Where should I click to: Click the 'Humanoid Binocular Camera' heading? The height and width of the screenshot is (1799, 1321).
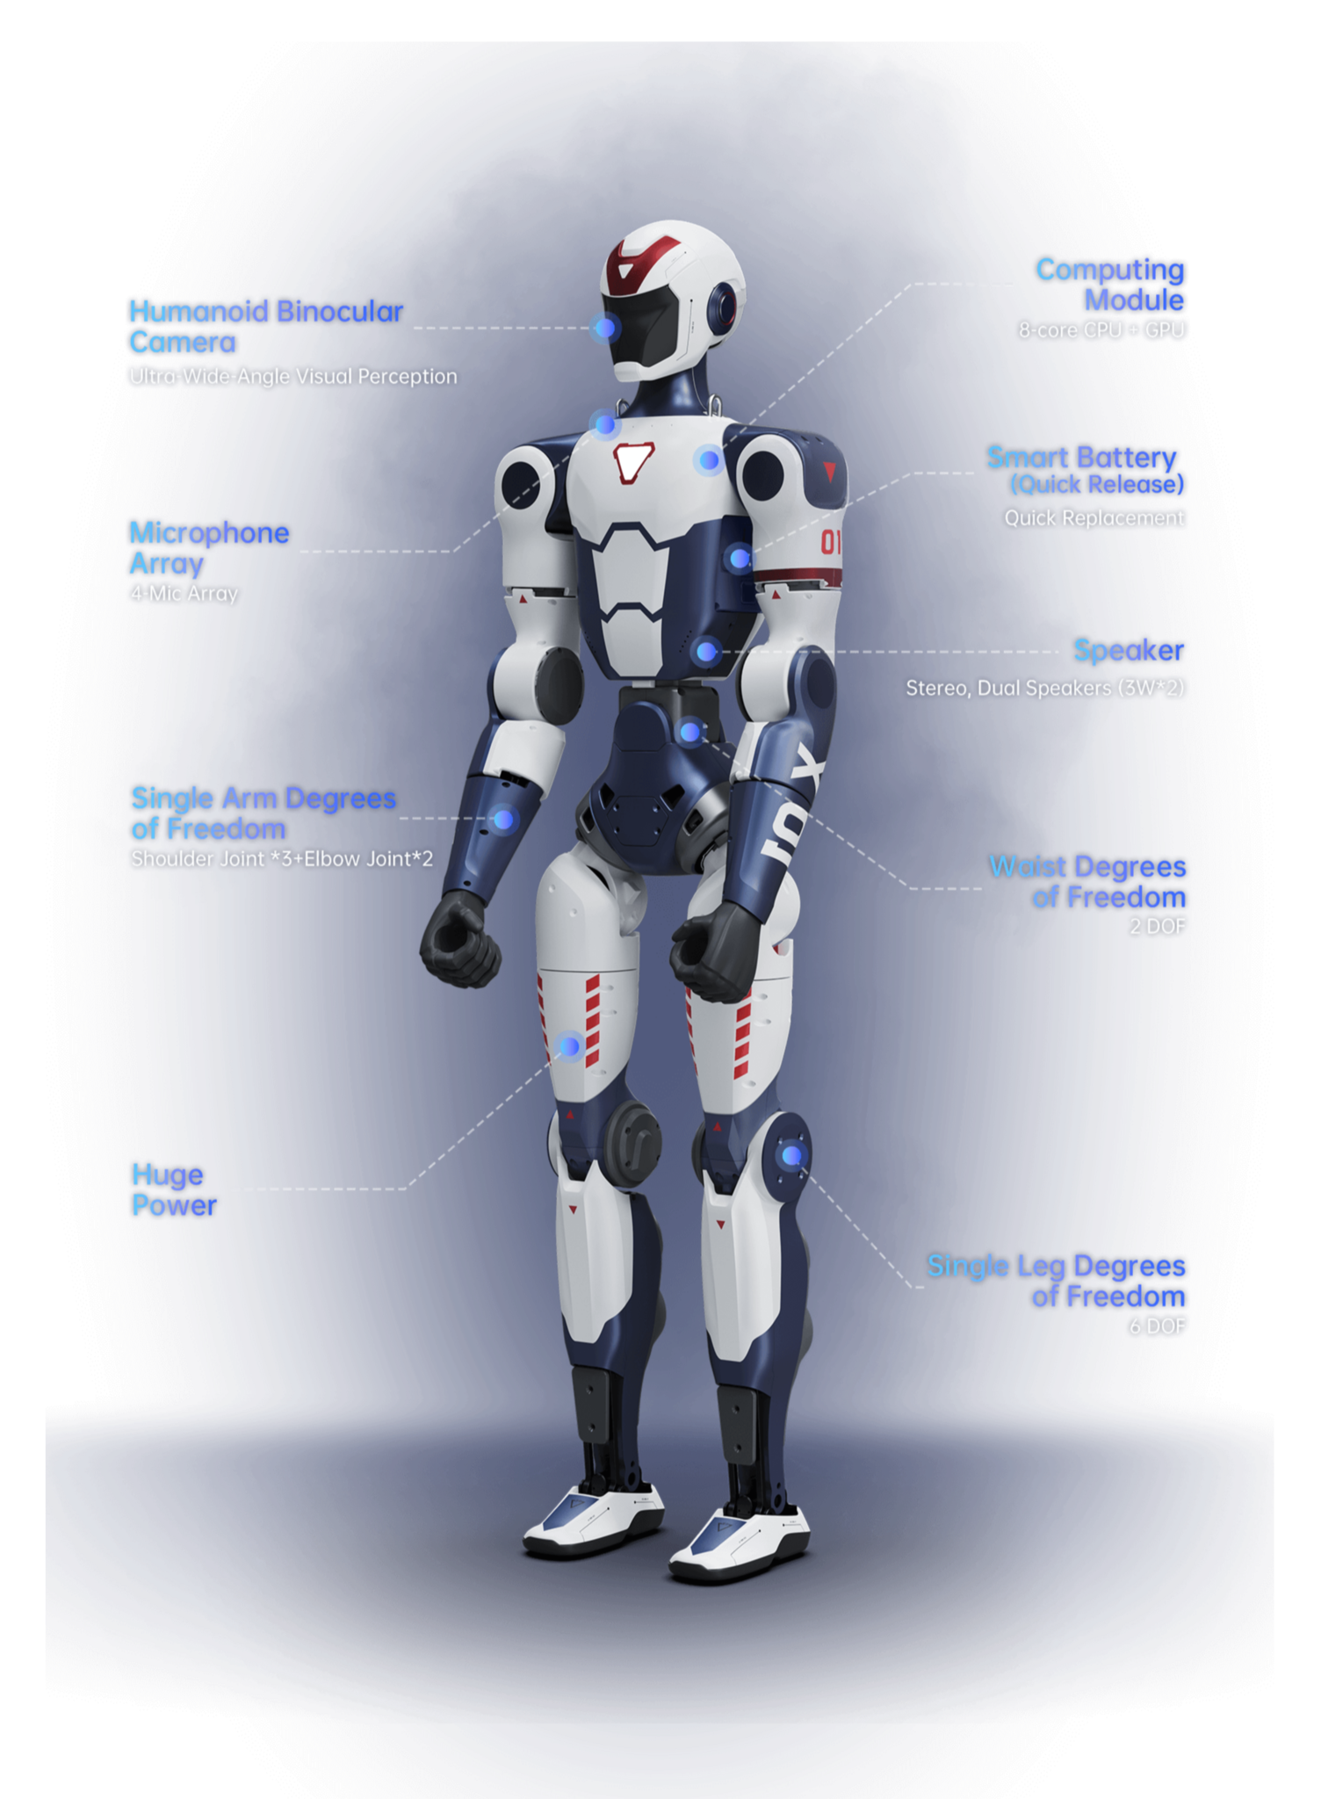pyautogui.click(x=265, y=327)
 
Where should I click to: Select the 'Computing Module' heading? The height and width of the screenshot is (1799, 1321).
pyautogui.click(x=1110, y=285)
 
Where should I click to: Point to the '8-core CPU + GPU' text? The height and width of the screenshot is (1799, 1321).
pyautogui.click(x=1101, y=330)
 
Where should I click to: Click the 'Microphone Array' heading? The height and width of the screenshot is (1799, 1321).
pyautogui.click(x=209, y=548)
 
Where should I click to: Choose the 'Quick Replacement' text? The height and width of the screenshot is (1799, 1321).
pyautogui.click(x=1094, y=518)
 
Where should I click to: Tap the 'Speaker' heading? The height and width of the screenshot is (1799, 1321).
pyautogui.click(x=1129, y=651)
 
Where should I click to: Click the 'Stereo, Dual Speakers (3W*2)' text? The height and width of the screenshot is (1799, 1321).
pyautogui.click(x=1044, y=688)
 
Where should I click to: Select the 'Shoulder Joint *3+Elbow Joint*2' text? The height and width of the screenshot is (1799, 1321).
pyautogui.click(x=282, y=859)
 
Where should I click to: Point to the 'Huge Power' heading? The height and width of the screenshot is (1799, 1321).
pyautogui.click(x=174, y=1189)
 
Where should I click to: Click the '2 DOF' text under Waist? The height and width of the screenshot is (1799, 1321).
pyautogui.click(x=1157, y=926)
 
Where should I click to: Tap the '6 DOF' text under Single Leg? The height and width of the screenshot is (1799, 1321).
pyautogui.click(x=1157, y=1326)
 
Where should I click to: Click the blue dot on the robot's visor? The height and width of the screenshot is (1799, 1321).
pyautogui.click(x=604, y=329)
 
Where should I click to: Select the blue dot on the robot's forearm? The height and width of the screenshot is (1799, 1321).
pyautogui.click(x=503, y=820)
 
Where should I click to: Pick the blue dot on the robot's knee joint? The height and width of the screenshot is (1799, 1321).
pyautogui.click(x=791, y=1156)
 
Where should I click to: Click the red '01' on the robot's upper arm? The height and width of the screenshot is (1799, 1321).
pyautogui.click(x=830, y=543)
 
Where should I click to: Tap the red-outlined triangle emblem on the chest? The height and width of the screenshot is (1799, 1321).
pyautogui.click(x=633, y=462)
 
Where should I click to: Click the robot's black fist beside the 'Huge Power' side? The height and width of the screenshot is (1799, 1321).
pyautogui.click(x=459, y=939)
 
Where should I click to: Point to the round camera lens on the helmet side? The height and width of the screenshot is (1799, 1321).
pyautogui.click(x=724, y=305)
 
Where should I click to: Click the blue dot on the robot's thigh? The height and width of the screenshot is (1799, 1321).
pyautogui.click(x=570, y=1046)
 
